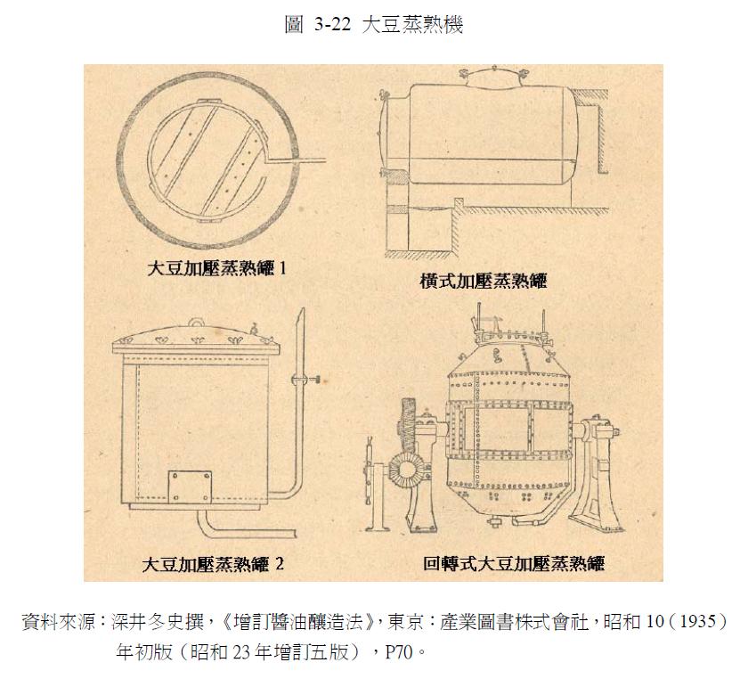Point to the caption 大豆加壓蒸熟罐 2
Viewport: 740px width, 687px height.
click(213, 564)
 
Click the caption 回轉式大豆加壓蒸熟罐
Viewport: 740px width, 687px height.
click(514, 564)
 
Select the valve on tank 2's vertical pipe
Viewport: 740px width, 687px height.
click(298, 380)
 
